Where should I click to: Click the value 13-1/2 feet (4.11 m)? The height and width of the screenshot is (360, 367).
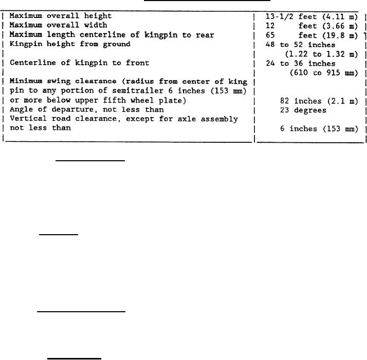(x=311, y=16)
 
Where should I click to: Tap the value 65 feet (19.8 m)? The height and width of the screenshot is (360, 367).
(x=311, y=35)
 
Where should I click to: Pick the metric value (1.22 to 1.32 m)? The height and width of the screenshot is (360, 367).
(x=321, y=53)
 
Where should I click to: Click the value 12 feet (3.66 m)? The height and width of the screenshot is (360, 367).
(x=311, y=26)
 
